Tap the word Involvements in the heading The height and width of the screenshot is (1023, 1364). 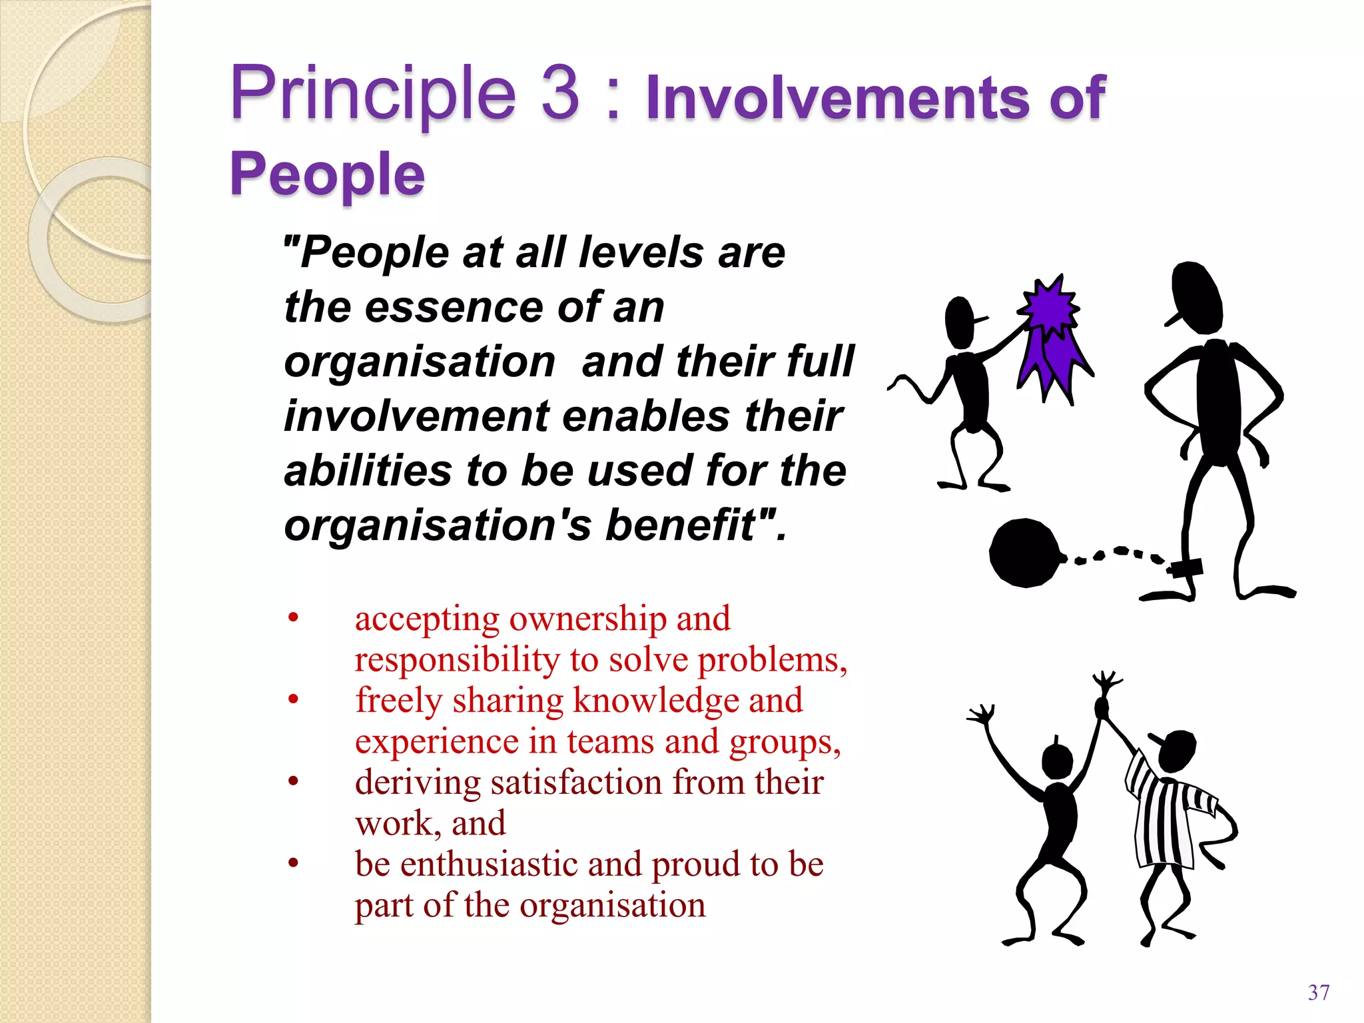[x=837, y=99]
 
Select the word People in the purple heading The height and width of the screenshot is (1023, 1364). [x=327, y=174]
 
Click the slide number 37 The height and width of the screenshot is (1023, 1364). [x=1319, y=992]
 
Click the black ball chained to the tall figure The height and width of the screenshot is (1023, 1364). [x=1024, y=553]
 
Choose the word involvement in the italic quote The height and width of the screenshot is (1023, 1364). [x=417, y=417]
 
